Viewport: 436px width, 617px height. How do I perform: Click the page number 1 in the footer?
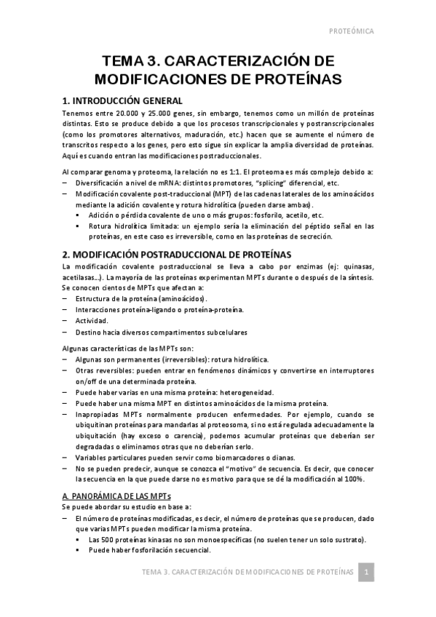point(368,573)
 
